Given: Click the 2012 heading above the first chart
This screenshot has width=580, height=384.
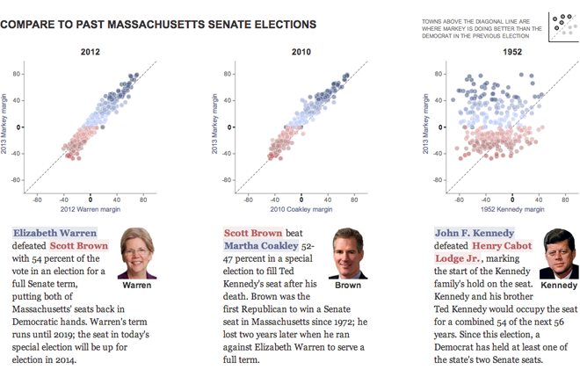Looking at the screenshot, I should point(90,54).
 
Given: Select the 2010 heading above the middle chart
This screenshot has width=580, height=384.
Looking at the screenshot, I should point(301,54).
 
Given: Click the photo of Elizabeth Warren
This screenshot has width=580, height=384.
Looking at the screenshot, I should point(135,253).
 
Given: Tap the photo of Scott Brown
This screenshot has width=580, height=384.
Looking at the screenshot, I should point(347,253).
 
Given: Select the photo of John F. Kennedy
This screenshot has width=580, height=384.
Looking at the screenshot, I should point(559,253).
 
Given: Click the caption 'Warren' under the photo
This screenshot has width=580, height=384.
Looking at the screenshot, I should point(135,286).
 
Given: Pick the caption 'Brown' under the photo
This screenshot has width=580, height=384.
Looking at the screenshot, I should point(347,286).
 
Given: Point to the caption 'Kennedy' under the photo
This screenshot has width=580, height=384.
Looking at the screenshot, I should point(559,286).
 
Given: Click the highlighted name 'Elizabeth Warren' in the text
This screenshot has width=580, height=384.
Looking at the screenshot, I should point(54,233).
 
